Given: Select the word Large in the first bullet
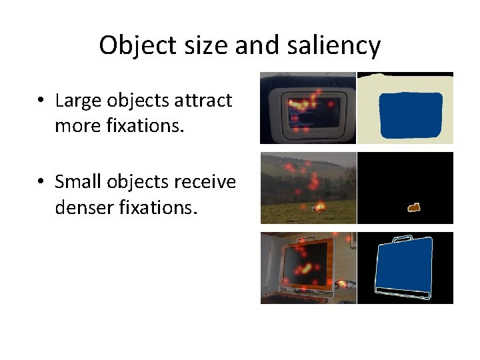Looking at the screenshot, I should click(x=77, y=101).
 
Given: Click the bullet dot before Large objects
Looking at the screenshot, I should click(x=41, y=101).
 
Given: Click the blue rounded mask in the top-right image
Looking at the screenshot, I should click(x=410, y=115).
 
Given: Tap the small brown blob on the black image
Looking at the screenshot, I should click(x=414, y=208).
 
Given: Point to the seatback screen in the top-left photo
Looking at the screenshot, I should click(x=313, y=110).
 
